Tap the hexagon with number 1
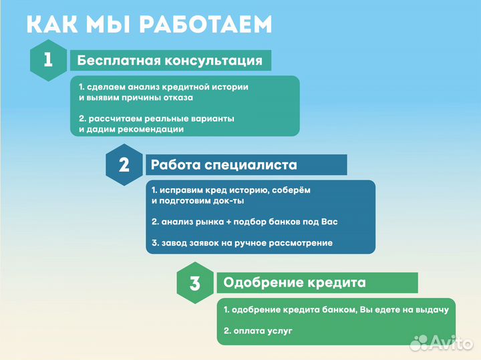[x=48, y=60]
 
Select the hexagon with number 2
[x=124, y=165]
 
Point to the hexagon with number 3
[x=194, y=283]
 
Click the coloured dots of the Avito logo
[x=419, y=343]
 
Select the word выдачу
[x=438, y=310]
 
